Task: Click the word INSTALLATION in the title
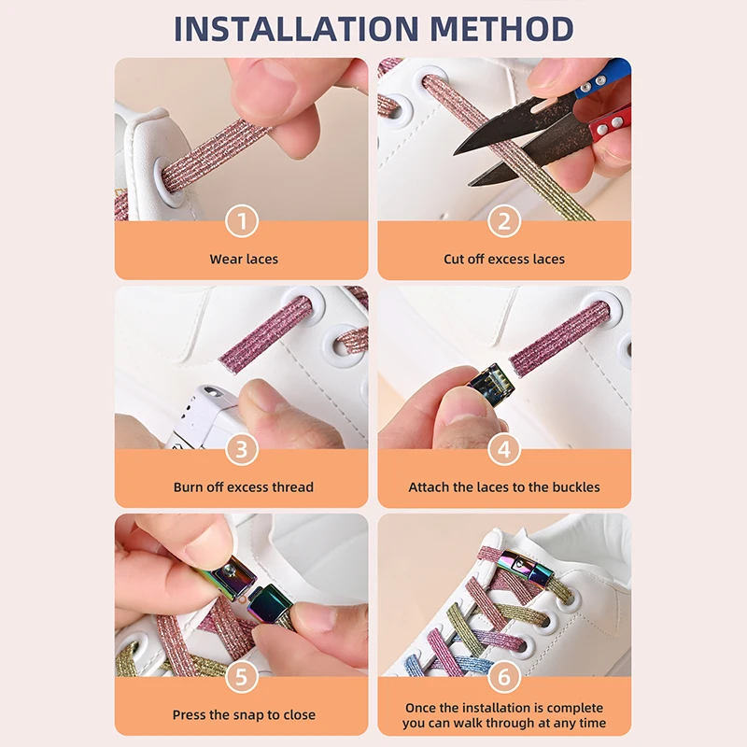pyautogui.click(x=296, y=29)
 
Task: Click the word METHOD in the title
pyautogui.click(x=502, y=29)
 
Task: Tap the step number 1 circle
pyautogui.click(x=242, y=221)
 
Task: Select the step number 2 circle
pyautogui.click(x=504, y=221)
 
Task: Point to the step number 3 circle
pyautogui.click(x=242, y=449)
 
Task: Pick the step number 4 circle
pyautogui.click(x=504, y=449)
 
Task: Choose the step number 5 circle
pyautogui.click(x=242, y=677)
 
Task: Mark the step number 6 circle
pyautogui.click(x=504, y=677)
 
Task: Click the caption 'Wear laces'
pyautogui.click(x=244, y=260)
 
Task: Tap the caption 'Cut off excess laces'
pyautogui.click(x=504, y=260)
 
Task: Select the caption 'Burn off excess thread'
pyautogui.click(x=244, y=486)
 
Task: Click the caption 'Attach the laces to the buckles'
pyautogui.click(x=504, y=486)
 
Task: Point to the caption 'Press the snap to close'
pyautogui.click(x=244, y=714)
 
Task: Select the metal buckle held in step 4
pyautogui.click(x=491, y=382)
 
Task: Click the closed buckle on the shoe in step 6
pyautogui.click(x=527, y=566)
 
